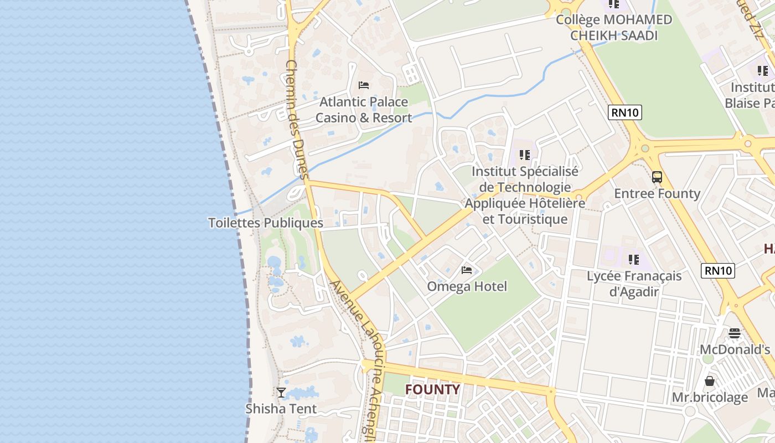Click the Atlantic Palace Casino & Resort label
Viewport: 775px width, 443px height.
click(x=364, y=110)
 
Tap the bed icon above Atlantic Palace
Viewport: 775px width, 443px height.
click(x=364, y=85)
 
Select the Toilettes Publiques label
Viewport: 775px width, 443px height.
click(x=266, y=223)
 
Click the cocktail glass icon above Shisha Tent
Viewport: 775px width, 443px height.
click(x=281, y=392)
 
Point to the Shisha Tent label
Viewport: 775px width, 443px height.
click(x=281, y=409)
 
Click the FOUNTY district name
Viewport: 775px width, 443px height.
click(x=432, y=390)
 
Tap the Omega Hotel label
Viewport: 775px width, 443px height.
click(x=467, y=287)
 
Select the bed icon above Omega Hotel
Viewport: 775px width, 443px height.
click(x=467, y=270)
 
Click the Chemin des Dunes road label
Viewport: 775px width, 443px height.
click(x=297, y=119)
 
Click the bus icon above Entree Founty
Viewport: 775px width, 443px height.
click(x=657, y=177)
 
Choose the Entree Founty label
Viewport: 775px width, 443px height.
click(x=657, y=194)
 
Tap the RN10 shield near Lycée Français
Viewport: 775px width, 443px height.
click(x=718, y=270)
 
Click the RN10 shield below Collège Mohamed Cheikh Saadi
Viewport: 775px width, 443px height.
click(x=625, y=112)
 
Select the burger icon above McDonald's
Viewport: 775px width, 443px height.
click(x=735, y=333)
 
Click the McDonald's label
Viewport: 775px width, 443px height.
click(x=735, y=350)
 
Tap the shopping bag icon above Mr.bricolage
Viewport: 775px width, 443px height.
click(x=710, y=381)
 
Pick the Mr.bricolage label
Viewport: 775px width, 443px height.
click(x=710, y=398)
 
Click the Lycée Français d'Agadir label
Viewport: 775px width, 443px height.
click(x=634, y=284)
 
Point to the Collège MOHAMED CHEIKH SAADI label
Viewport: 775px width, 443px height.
click(x=614, y=28)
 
